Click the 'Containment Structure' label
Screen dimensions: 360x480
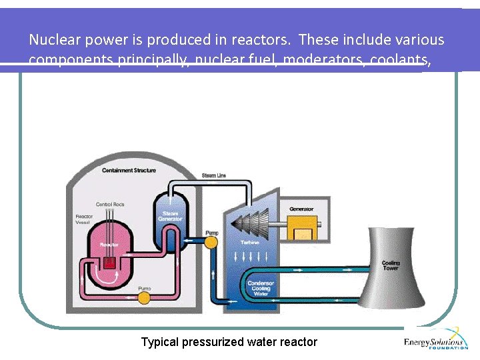[x=129, y=171]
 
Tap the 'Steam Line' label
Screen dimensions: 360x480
[x=213, y=175]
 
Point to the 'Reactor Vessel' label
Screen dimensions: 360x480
[x=84, y=221]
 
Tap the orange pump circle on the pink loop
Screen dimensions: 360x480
[x=143, y=297]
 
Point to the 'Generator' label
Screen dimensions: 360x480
[x=301, y=209]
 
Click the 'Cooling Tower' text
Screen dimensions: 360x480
[x=391, y=265]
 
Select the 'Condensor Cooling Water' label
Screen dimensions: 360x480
[x=261, y=288]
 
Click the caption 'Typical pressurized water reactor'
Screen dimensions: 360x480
[x=229, y=342]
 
